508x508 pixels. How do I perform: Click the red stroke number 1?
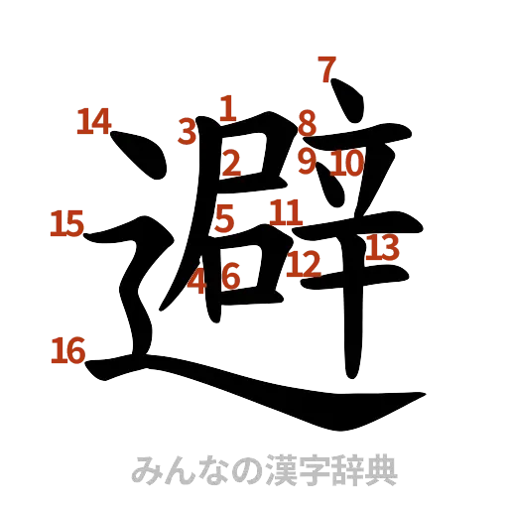[228, 107]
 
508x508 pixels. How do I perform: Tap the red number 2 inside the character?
[231, 162]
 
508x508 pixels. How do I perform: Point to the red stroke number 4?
[199, 280]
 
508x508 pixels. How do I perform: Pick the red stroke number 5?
[225, 217]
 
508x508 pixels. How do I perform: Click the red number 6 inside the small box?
[231, 277]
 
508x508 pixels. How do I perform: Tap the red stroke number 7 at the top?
[328, 71]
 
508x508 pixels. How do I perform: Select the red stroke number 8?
[308, 124]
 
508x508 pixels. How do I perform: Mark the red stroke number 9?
[308, 160]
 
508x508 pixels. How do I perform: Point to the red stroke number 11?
[286, 211]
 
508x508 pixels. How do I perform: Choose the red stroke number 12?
[306, 263]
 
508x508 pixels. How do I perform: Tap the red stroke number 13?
[380, 246]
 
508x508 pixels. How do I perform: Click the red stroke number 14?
[94, 122]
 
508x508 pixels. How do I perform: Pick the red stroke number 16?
[68, 348]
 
